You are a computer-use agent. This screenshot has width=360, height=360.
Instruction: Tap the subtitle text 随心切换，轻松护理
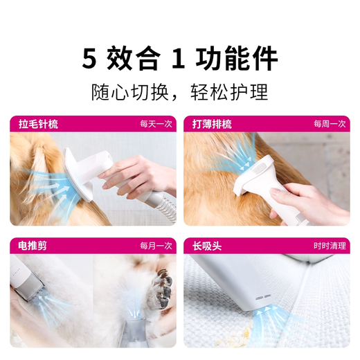point(180,92)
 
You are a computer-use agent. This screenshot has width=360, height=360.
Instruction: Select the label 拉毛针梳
point(39,125)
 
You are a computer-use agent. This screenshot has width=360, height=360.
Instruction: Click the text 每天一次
point(155,125)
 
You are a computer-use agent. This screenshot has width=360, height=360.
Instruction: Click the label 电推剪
point(33,245)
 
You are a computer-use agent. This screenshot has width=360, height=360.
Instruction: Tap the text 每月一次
point(155,245)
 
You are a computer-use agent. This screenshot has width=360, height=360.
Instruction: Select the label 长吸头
point(206,245)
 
